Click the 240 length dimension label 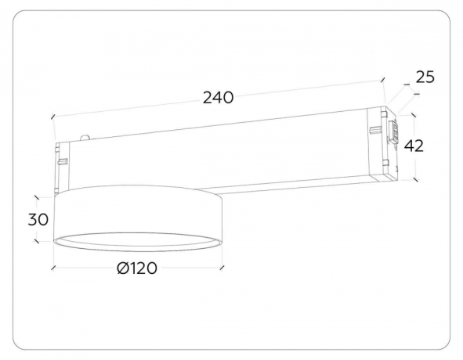tap(219, 98)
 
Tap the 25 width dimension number tap(425, 77)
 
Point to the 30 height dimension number tap(38, 219)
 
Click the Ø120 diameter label tap(137, 268)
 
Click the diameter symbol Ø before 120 tap(122, 268)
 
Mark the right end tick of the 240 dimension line tap(384, 80)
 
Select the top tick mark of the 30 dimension tap(38, 196)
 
